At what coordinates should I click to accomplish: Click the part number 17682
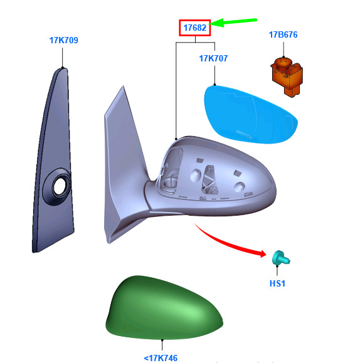click(195, 28)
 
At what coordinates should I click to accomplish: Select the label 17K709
click(64, 40)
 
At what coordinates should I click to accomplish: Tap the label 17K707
click(213, 58)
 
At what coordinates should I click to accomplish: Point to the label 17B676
click(283, 34)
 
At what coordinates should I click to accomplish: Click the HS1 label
click(277, 283)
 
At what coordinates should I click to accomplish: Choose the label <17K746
click(161, 358)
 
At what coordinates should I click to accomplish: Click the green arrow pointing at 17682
click(233, 22)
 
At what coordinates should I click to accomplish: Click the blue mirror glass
click(251, 114)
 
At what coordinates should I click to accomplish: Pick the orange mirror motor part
click(287, 76)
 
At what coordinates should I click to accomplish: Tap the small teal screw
click(280, 258)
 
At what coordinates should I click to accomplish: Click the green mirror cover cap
click(164, 308)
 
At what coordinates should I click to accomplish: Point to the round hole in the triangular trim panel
click(60, 186)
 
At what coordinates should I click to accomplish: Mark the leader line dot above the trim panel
click(62, 67)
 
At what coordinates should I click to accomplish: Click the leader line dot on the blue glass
click(214, 85)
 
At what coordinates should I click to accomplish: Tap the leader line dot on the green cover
click(162, 340)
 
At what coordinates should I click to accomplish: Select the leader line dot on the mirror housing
click(176, 139)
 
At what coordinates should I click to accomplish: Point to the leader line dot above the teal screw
click(277, 266)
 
